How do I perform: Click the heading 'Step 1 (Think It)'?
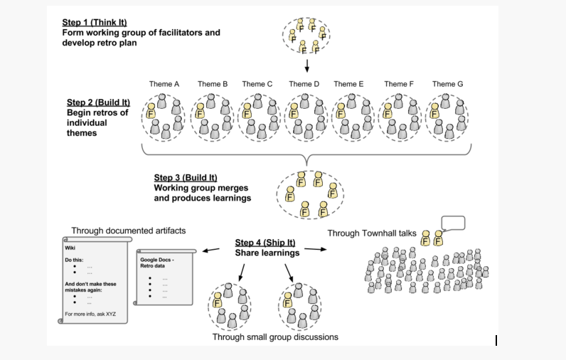click(95, 22)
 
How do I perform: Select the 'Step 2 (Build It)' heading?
click(98, 102)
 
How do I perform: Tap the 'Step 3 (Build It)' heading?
click(186, 178)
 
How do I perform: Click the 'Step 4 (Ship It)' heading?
click(265, 243)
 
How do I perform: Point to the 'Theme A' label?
click(164, 84)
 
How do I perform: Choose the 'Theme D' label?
click(304, 84)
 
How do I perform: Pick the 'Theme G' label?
click(447, 84)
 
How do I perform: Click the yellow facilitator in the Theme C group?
click(247, 111)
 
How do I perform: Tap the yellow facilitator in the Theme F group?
click(388, 111)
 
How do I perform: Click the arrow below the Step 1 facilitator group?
click(307, 65)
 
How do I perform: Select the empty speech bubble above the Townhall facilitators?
click(453, 223)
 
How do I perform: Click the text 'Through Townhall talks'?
click(372, 233)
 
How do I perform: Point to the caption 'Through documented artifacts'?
click(129, 231)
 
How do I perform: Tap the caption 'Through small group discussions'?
click(275, 337)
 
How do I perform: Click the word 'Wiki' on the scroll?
click(70, 248)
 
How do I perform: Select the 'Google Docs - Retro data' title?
click(157, 263)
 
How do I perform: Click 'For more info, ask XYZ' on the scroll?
click(90, 314)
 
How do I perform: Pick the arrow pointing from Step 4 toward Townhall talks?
click(316, 249)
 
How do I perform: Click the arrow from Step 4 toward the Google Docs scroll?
click(210, 250)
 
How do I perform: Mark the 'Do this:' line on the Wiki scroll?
click(74, 260)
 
